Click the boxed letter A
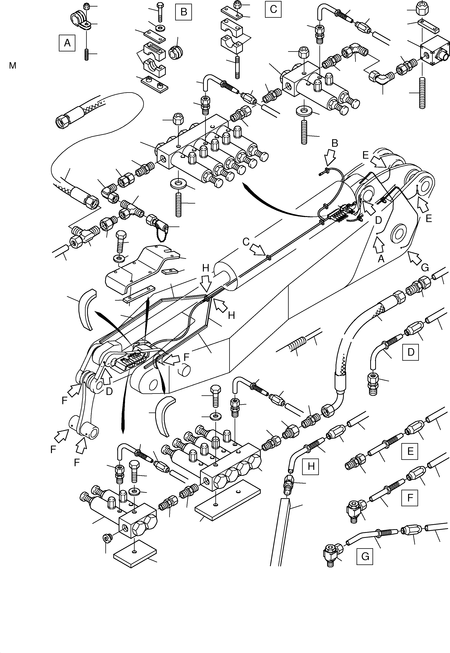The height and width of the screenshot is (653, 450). click(67, 43)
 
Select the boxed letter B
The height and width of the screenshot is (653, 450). click(183, 12)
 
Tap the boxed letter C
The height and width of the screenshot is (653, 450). click(273, 9)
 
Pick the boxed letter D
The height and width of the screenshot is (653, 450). click(411, 352)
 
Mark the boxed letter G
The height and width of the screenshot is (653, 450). click(365, 557)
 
